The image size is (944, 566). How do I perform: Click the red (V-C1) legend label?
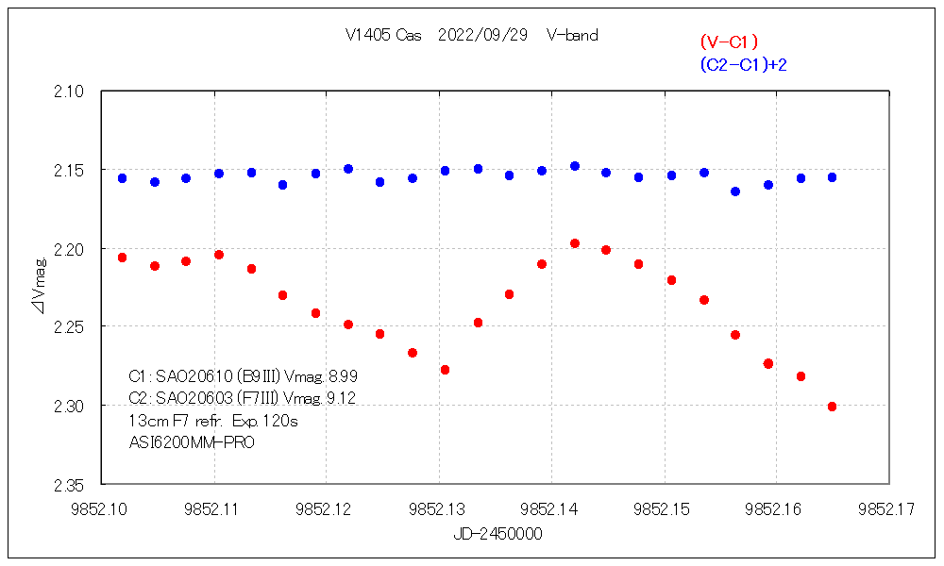[x=729, y=42]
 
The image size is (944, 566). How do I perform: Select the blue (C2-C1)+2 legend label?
[x=743, y=64]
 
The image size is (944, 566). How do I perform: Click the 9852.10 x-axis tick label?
[x=102, y=509]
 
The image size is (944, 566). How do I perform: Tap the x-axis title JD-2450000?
[x=497, y=534]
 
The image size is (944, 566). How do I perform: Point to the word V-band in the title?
[x=572, y=36]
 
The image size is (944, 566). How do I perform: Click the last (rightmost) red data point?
[x=832, y=407]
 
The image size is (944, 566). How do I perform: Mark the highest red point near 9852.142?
[x=574, y=243]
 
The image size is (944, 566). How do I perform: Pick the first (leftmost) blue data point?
[x=122, y=178]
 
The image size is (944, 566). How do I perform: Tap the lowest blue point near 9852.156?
[x=735, y=191]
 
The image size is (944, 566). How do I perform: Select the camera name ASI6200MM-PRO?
[x=191, y=441]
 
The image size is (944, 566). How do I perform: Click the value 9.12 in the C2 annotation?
[x=340, y=398]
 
